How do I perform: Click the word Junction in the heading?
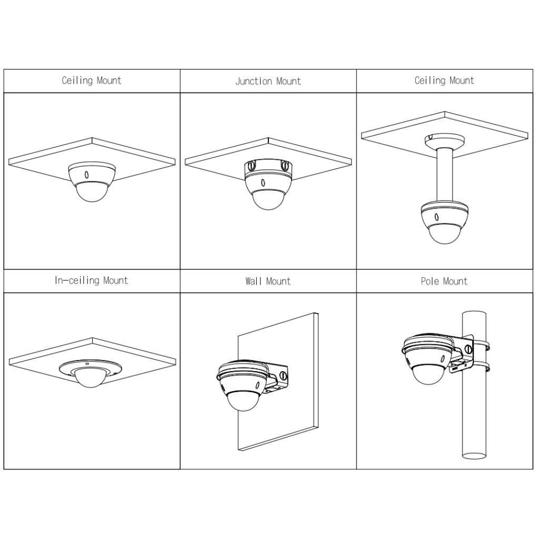254,81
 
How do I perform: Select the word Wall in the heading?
254,281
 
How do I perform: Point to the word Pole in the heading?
430,281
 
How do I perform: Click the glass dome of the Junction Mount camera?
268,200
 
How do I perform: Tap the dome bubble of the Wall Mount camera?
245,401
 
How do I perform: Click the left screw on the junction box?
251,166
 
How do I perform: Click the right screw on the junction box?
285,166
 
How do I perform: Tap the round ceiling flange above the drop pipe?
445,141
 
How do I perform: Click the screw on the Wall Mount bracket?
283,375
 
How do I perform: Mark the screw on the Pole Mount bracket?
467,350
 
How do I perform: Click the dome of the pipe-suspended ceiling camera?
445,234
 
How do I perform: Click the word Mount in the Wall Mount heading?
278,281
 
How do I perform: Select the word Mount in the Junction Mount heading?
289,81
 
